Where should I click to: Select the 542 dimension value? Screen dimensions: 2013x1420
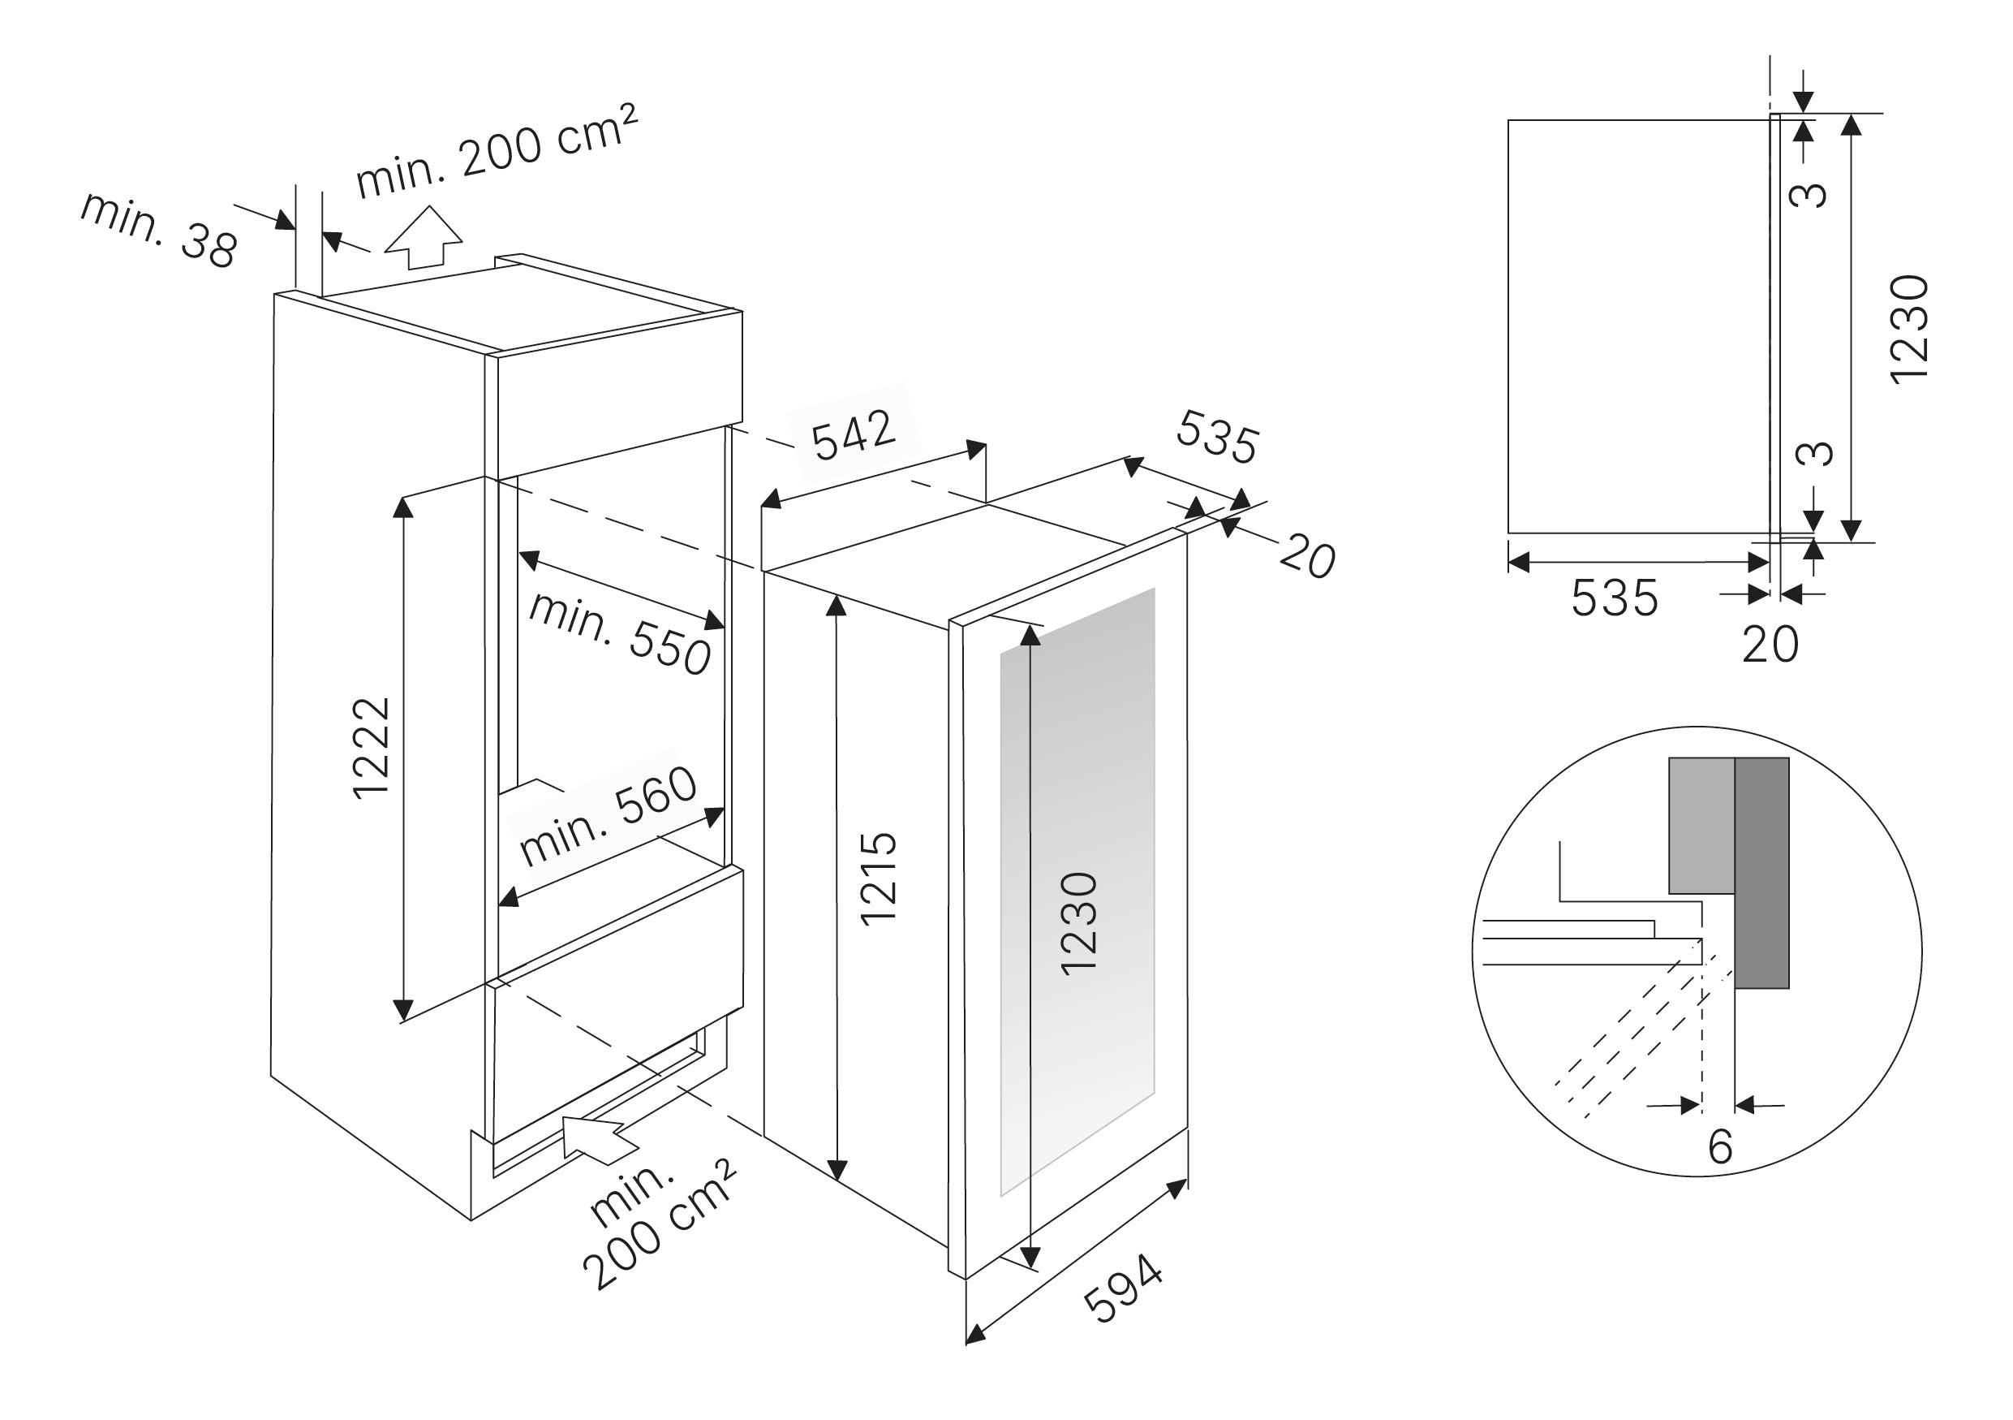(853, 435)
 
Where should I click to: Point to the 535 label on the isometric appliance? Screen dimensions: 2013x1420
(1217, 436)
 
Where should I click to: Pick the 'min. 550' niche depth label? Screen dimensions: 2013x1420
(620, 633)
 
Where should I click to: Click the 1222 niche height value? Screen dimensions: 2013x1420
(370, 748)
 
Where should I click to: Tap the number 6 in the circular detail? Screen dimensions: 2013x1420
(1720, 1146)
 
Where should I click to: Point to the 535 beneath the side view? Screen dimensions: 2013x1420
(1614, 598)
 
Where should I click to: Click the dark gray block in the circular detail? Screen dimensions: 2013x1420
(1762, 873)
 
